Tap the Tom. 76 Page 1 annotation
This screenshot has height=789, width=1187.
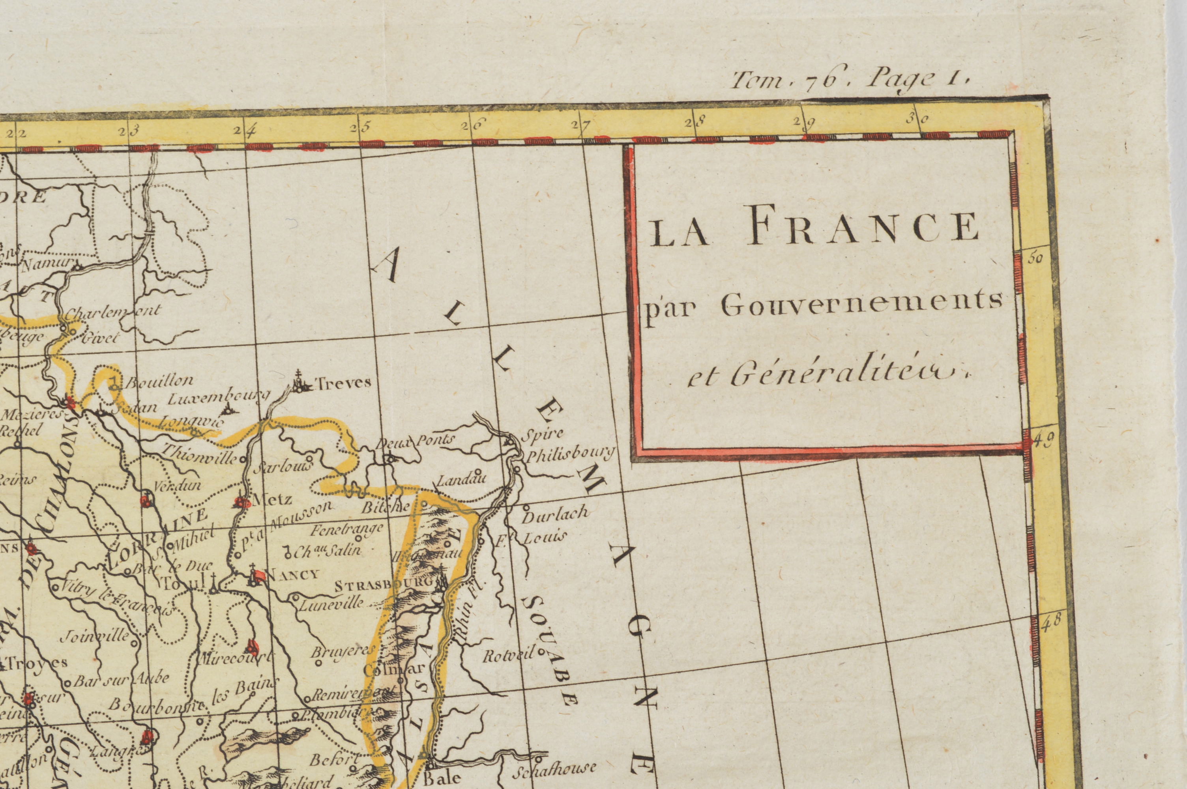(x=850, y=79)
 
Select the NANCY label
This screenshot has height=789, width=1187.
(x=292, y=574)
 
